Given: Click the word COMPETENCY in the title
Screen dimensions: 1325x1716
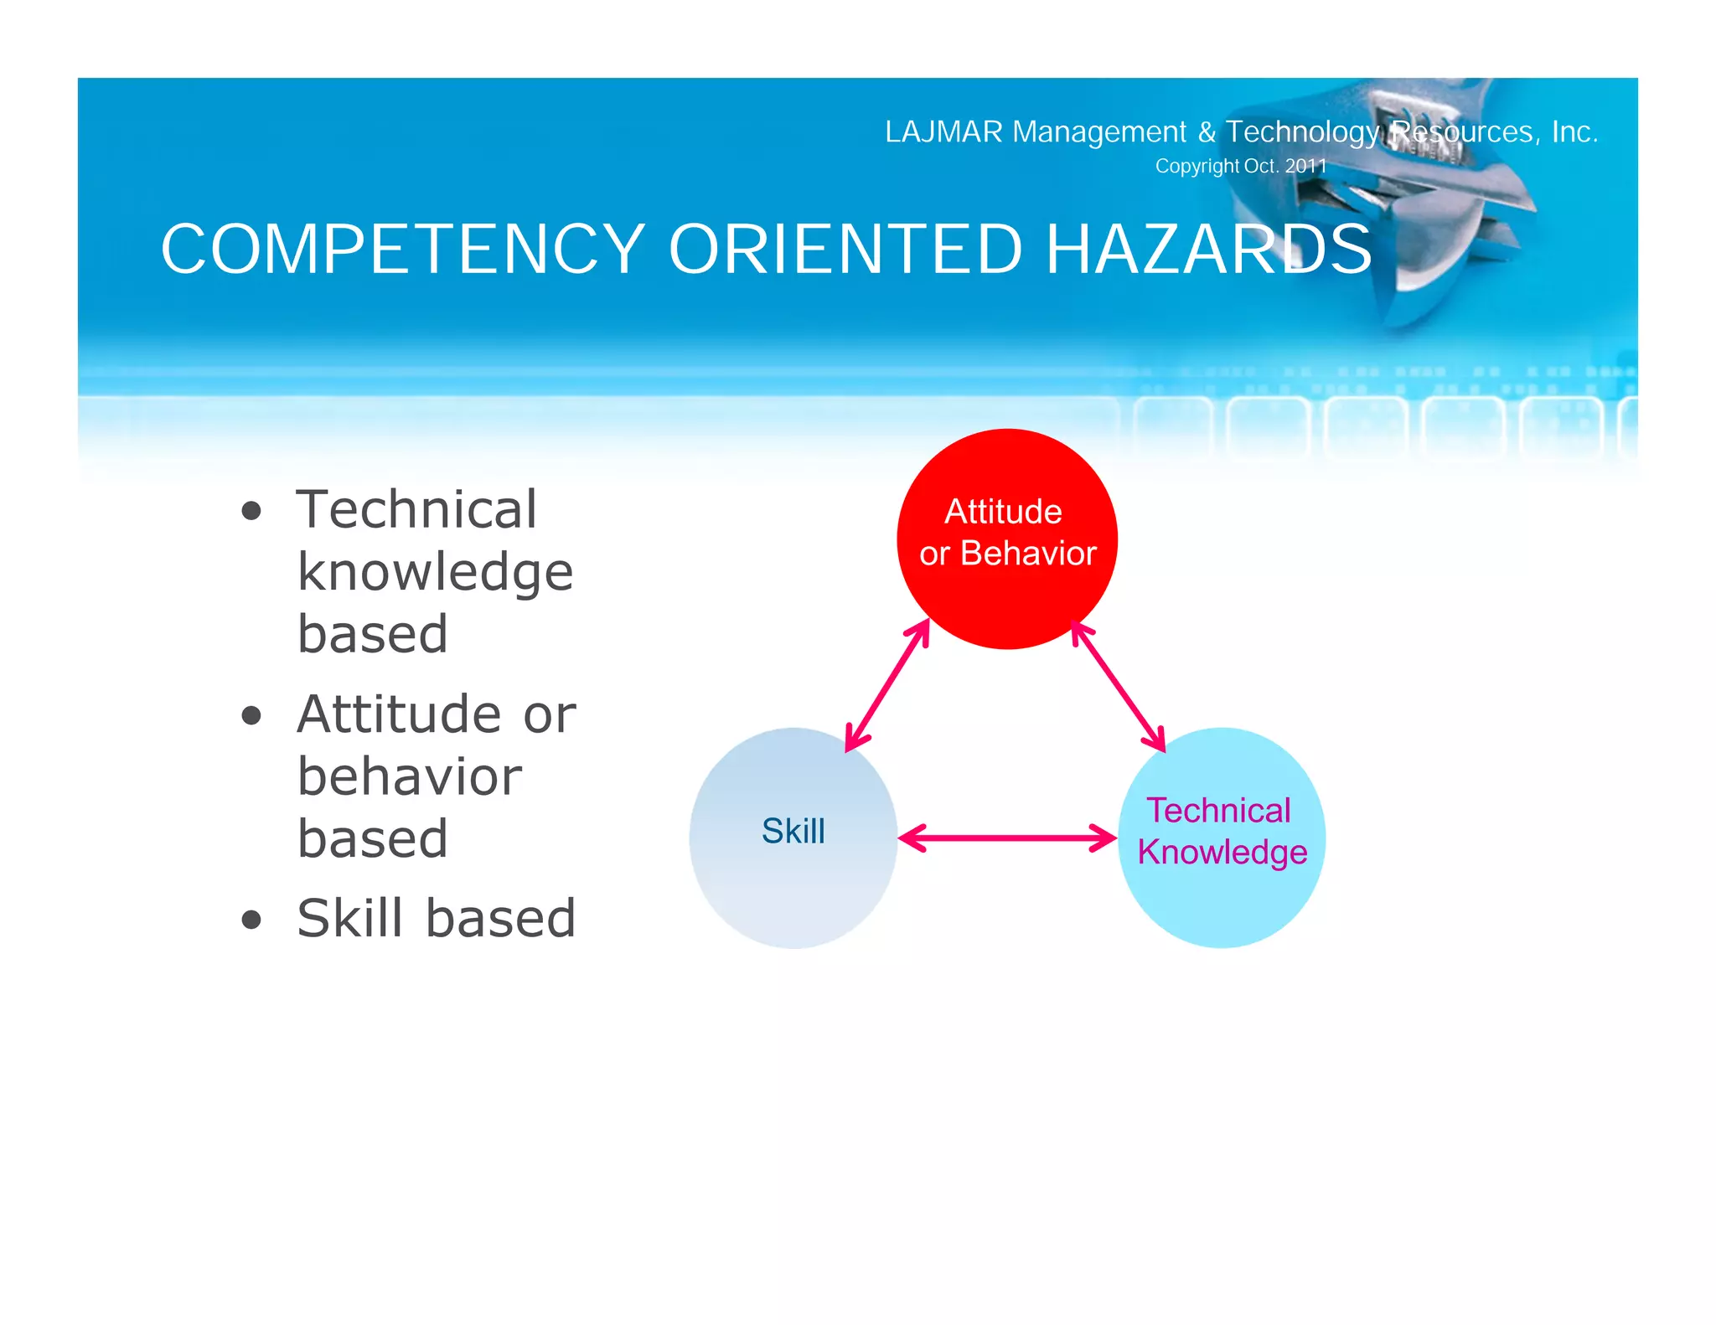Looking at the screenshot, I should pos(402,250).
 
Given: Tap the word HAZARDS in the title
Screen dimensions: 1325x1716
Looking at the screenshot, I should pos(1208,250).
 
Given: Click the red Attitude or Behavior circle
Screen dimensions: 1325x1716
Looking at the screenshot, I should pos(1007,595).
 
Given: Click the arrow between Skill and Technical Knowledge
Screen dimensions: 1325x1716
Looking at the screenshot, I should pos(1007,838).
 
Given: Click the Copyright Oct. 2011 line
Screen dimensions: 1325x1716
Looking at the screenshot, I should pos(1240,166).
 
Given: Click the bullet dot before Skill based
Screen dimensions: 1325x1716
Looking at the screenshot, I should pos(251,920).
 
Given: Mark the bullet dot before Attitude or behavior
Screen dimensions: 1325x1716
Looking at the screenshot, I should pos(251,716).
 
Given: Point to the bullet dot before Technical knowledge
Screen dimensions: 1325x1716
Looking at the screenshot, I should pos(251,511).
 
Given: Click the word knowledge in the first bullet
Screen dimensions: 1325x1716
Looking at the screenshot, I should pos(435,573).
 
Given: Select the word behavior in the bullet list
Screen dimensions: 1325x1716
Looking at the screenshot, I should pos(409,776).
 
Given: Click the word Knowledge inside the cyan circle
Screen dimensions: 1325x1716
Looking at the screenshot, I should pos(1222,853).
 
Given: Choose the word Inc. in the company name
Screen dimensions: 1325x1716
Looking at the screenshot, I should pos(1574,132).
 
